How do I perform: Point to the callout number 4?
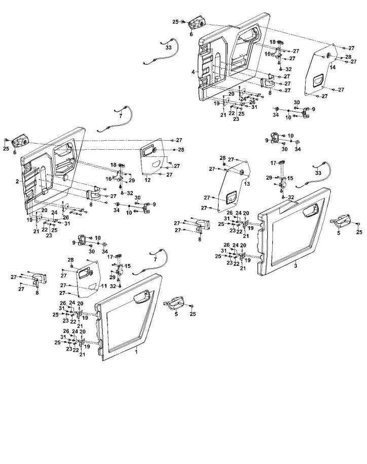tap(193, 72)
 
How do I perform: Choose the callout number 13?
tap(247, 185)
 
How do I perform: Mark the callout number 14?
tap(333, 67)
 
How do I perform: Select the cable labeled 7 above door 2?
tap(114, 121)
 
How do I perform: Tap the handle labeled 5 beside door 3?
tap(342, 221)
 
